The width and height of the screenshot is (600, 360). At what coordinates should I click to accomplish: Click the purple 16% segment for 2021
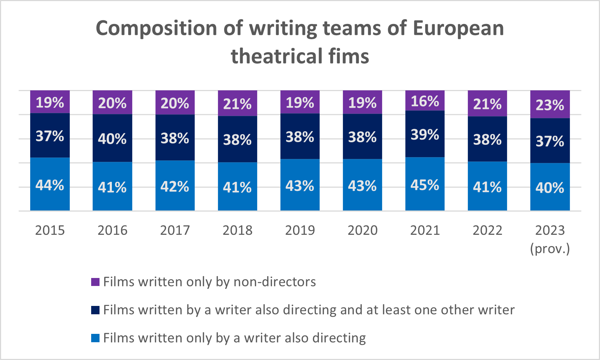[x=425, y=101]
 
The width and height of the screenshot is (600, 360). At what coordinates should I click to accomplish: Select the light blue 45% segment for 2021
[x=425, y=184]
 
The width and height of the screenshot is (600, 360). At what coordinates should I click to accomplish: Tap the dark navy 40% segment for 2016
[x=112, y=138]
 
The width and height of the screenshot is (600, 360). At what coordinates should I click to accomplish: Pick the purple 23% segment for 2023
[x=550, y=105]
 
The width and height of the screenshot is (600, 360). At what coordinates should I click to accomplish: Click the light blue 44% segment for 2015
[x=50, y=184]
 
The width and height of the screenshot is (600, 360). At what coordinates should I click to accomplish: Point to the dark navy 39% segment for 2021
[x=425, y=134]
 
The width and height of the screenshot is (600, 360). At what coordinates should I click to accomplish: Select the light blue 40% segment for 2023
[x=550, y=187]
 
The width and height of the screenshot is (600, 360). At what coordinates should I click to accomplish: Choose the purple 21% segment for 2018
[x=237, y=103]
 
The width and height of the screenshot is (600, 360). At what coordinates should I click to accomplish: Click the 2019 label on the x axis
[x=300, y=230]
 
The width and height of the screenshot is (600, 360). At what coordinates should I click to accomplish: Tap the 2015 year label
[x=50, y=230]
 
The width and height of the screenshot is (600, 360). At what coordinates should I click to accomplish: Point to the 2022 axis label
[x=487, y=230]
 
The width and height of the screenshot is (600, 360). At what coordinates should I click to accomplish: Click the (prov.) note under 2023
[x=550, y=249]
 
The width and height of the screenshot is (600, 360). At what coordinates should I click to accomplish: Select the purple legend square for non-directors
[x=95, y=282]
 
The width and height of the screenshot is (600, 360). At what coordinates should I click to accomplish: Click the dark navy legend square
[x=95, y=310]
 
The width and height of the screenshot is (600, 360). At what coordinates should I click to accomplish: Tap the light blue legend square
[x=95, y=338]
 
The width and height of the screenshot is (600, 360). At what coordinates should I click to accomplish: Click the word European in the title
[x=458, y=28]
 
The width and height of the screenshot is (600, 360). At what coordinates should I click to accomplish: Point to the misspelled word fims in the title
[x=349, y=57]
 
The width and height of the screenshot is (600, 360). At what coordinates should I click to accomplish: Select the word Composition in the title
[x=157, y=28]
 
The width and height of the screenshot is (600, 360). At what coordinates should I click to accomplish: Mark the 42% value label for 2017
[x=175, y=187]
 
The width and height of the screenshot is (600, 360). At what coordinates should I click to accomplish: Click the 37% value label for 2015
[x=50, y=136]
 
